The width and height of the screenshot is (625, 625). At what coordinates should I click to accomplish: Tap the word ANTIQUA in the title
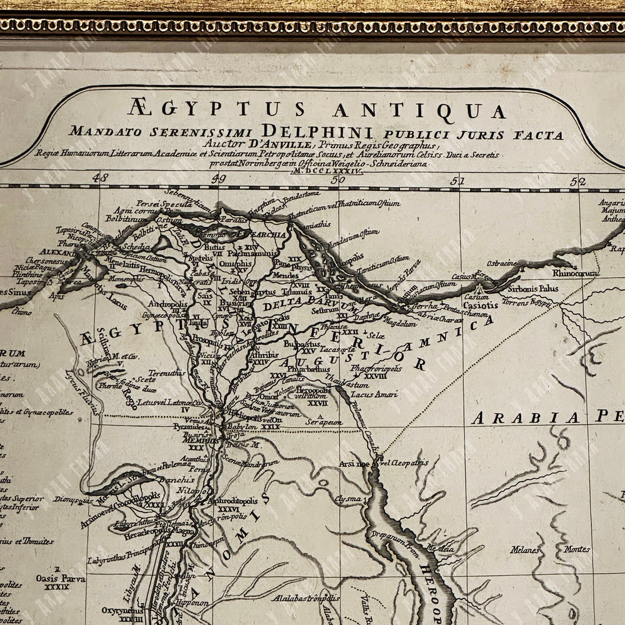(419, 111)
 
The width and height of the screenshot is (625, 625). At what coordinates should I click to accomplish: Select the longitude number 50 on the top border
(338, 179)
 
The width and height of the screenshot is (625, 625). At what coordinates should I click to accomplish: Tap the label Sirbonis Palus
(532, 289)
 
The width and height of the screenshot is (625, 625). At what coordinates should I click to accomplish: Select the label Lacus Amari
(374, 394)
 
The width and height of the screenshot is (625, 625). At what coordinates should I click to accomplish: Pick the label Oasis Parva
(61, 579)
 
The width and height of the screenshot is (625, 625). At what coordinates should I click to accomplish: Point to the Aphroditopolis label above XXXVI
(237, 501)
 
